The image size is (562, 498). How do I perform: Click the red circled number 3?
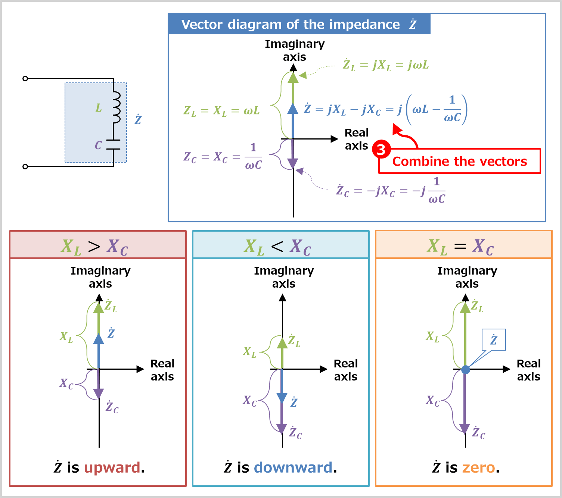point(381,150)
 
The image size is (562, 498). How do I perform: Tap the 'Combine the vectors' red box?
point(460,162)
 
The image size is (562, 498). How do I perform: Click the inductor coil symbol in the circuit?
point(116,107)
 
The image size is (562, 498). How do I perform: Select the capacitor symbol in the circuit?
point(113,145)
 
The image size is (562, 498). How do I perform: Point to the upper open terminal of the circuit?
point(25,78)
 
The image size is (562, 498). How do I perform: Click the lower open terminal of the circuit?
point(25,166)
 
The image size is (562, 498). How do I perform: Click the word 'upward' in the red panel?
point(112,467)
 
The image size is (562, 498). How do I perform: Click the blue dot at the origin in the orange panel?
point(465,369)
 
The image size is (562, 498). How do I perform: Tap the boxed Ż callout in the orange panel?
point(494,340)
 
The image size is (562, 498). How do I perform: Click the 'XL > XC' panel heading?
point(94,246)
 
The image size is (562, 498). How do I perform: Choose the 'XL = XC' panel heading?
point(460,246)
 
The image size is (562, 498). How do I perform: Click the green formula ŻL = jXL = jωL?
point(386,65)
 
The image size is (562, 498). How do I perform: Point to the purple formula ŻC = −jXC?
point(390,191)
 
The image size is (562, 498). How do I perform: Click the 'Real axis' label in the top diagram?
point(357,139)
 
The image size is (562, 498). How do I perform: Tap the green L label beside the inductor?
point(99,108)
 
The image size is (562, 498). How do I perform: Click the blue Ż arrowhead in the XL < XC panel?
point(282,398)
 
